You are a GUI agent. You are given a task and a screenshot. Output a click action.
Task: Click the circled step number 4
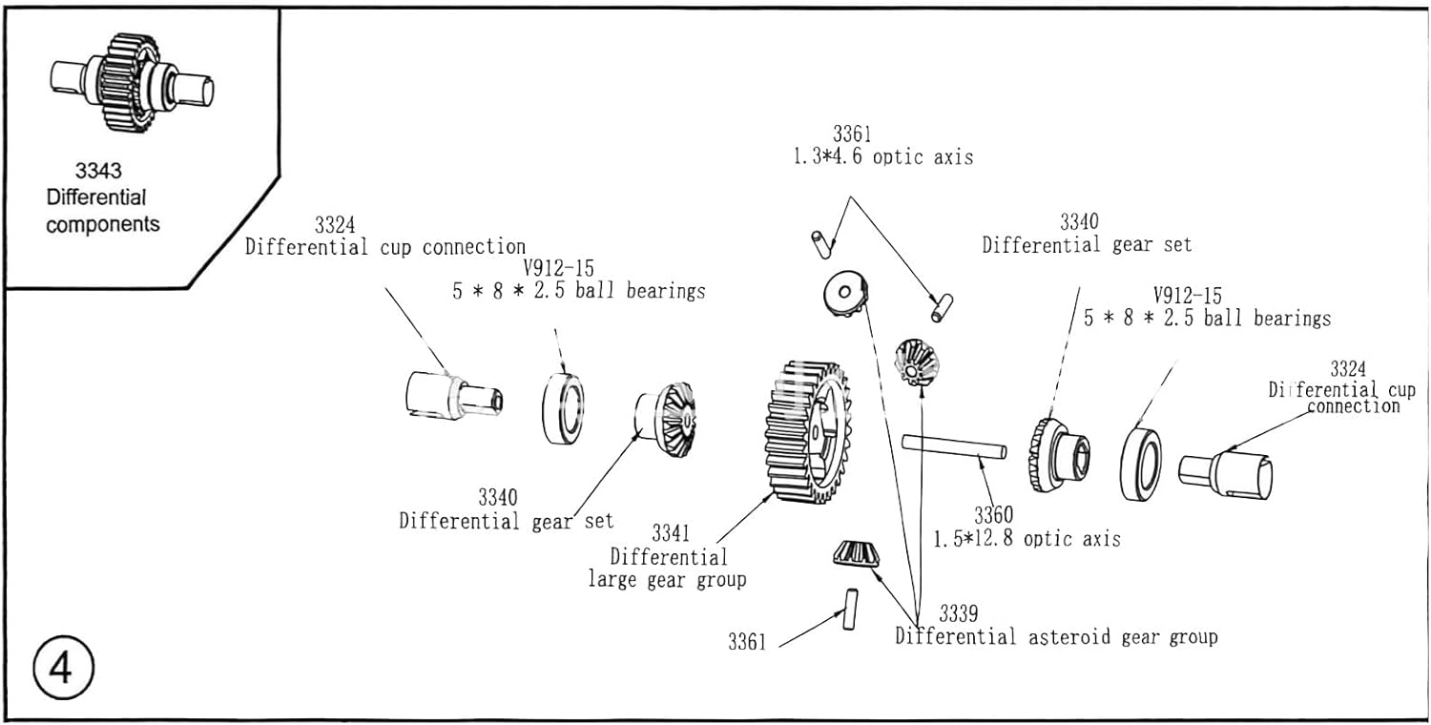coord(63,668)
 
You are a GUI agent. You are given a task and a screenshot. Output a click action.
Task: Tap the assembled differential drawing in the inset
coord(133,83)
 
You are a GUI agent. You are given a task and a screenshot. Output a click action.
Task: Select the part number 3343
coord(98,171)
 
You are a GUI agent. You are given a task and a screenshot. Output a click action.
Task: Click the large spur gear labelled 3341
coord(808,432)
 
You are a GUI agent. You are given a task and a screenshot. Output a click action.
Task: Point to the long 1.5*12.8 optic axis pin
coord(954,445)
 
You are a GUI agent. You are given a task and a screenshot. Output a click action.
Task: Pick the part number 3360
coord(993,515)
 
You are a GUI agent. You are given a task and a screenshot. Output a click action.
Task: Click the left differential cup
coord(454,396)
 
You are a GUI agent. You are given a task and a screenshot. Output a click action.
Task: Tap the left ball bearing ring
coord(563,409)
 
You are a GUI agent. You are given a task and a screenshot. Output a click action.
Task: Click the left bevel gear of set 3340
coord(666,420)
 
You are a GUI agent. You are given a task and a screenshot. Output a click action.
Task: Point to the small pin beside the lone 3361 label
coord(850,610)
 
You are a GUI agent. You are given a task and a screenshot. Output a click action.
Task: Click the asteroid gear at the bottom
coord(857,555)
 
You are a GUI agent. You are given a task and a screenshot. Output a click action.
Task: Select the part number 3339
coord(958,613)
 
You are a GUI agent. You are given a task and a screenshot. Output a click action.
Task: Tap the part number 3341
coord(671,532)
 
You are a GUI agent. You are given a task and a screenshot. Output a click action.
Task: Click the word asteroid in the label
coord(1069,637)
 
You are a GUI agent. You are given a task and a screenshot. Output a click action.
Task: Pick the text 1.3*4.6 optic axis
coord(883,156)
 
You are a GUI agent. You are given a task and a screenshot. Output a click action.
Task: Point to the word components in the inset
coord(103,225)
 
